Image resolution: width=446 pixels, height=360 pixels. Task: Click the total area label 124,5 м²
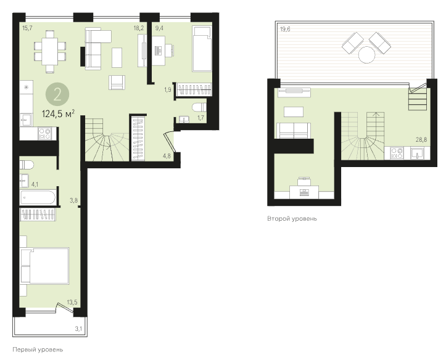tap(59, 114)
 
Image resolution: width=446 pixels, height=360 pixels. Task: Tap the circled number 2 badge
tap(57, 94)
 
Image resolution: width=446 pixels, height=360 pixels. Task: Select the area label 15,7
tap(27, 28)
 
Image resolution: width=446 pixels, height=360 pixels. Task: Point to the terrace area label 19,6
tap(285, 29)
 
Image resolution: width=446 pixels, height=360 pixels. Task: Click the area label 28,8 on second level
tap(421, 139)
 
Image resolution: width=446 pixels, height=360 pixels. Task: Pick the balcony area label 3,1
tap(78, 329)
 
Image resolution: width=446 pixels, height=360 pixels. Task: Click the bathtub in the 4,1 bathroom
tap(38, 197)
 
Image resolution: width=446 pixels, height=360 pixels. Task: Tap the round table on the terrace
tap(366, 54)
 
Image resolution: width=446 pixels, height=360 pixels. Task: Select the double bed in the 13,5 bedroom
tap(45, 266)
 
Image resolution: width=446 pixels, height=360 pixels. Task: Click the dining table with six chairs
tap(50, 52)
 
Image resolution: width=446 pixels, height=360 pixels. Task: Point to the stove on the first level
tap(44, 134)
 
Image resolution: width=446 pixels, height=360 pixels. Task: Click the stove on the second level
tap(397, 153)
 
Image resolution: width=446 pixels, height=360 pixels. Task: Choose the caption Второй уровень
tap(292, 219)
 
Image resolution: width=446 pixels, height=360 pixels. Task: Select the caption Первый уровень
tap(38, 350)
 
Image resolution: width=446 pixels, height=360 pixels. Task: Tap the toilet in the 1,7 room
tap(199, 107)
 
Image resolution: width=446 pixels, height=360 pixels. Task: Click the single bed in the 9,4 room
tap(202, 49)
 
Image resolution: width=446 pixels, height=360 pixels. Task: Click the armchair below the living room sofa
tap(117, 83)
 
